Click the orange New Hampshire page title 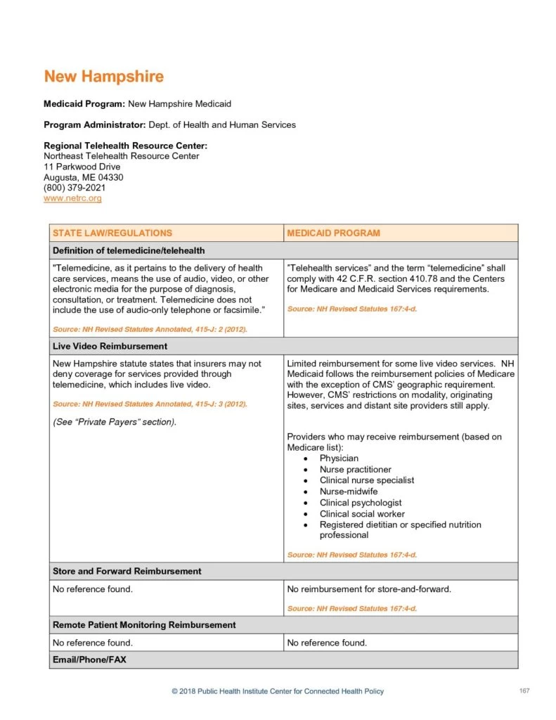(x=103, y=76)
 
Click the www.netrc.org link (x=72, y=199)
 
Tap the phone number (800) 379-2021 (x=75, y=188)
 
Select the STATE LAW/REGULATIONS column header (x=112, y=233)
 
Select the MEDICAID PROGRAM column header (x=333, y=233)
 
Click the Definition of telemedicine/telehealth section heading (x=129, y=250)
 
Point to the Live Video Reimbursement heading (x=110, y=347)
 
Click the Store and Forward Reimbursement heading (x=127, y=572)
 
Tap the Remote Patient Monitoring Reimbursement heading (x=144, y=625)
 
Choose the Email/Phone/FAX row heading (x=89, y=660)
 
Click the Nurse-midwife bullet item (x=348, y=491)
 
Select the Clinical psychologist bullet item (x=361, y=503)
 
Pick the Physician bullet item (x=339, y=458)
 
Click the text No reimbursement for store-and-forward (x=369, y=589)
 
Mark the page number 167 (x=524, y=691)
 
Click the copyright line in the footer (x=278, y=692)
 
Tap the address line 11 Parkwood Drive (x=82, y=167)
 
